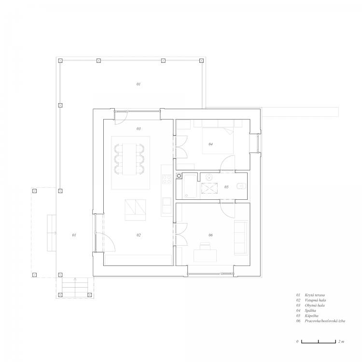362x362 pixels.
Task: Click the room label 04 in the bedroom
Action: tap(210, 144)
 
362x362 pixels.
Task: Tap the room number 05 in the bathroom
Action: tap(226, 187)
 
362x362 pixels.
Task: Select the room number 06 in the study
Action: tap(210, 235)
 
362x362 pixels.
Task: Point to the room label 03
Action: tap(139, 128)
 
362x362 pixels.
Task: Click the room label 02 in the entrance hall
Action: tap(139, 235)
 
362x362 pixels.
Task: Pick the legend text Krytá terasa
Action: tap(315, 295)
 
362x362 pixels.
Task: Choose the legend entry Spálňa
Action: tap(310, 310)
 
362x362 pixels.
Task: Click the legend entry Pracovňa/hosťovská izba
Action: tap(325, 321)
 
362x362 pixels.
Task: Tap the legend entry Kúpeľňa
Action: tap(311, 316)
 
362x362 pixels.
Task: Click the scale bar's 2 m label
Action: tap(341, 341)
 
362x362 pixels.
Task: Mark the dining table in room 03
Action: tap(129, 159)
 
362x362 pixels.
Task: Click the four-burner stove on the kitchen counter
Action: tap(167, 180)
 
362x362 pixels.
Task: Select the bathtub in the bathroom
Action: tap(191, 186)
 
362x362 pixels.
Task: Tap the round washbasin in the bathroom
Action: tap(209, 177)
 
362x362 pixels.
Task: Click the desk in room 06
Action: tap(205, 255)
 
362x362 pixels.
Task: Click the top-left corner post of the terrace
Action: tap(60, 61)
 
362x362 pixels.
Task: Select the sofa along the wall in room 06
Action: tap(241, 237)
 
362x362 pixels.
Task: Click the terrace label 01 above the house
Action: tap(139, 84)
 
